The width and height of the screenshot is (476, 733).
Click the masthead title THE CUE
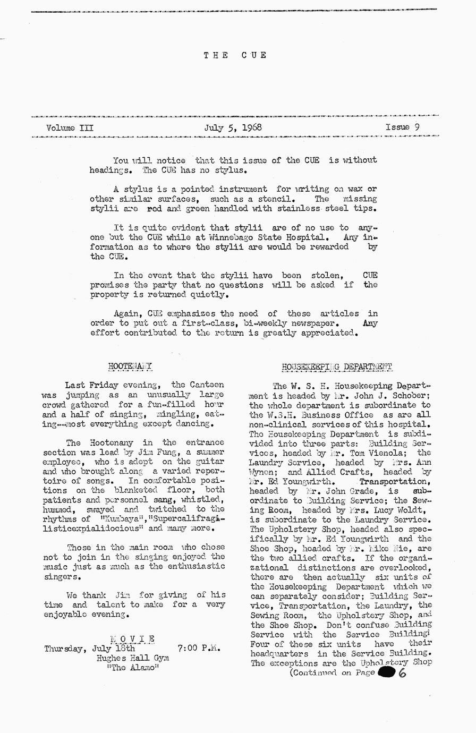coord(234,55)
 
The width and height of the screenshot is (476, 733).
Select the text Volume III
coord(70,127)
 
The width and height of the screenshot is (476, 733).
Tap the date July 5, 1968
coord(233,127)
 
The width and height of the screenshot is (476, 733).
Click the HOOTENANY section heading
coord(130,366)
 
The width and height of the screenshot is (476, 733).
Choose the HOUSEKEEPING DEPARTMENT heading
coord(337,366)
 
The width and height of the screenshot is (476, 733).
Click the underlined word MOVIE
coord(132,638)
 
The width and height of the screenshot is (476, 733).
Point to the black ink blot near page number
coord(386,672)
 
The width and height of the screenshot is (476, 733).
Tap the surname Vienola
coord(393,453)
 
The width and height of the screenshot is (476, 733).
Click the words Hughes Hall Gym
coord(133,658)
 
